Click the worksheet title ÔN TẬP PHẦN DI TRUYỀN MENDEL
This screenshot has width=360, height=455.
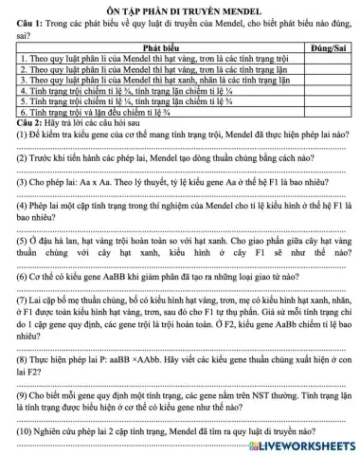tap(179, 7)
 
